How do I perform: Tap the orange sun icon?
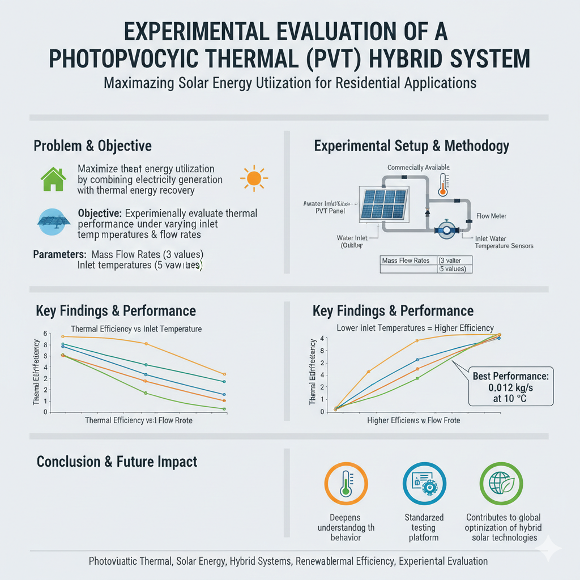click(x=253, y=178)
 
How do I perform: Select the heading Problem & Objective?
click(x=92, y=146)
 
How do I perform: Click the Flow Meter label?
click(x=491, y=216)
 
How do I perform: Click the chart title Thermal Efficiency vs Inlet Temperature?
click(x=136, y=329)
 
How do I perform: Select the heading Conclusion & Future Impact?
click(x=117, y=462)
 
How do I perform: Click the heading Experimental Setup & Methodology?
click(x=411, y=146)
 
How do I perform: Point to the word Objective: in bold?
click(x=99, y=214)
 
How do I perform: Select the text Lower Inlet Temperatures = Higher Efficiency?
click(x=415, y=327)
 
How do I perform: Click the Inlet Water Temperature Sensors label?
click(x=504, y=242)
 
